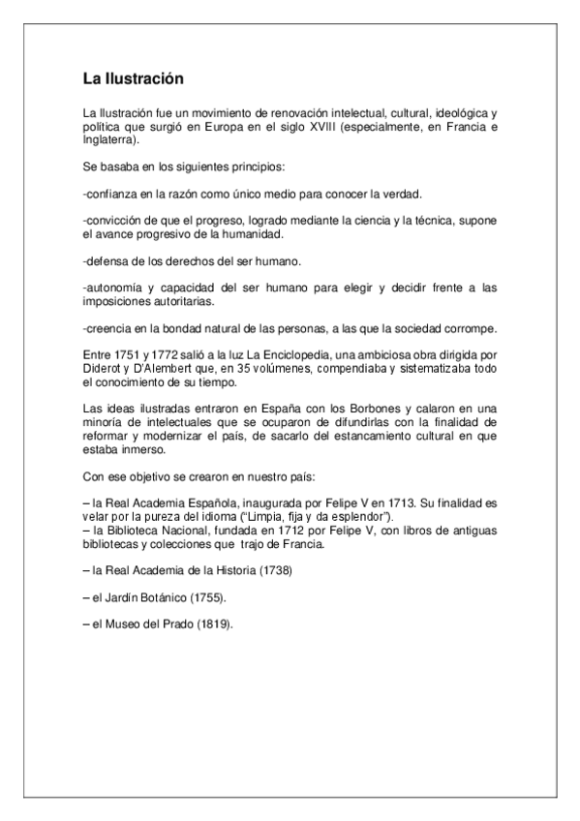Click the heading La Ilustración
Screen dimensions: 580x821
[133, 76]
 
